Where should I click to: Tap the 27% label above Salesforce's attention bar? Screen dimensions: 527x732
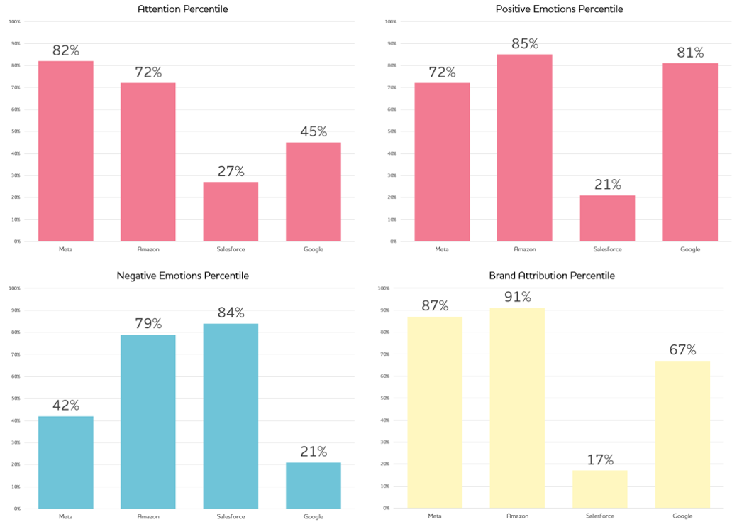click(x=231, y=171)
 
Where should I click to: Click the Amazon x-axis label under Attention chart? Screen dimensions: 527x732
click(x=148, y=249)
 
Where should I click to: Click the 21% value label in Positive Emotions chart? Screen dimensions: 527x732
click(x=607, y=185)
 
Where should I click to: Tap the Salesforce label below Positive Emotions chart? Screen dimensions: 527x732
click(x=607, y=249)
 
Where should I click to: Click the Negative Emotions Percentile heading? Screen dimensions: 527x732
click(x=183, y=276)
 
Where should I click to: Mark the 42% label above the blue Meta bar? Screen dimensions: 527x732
click(x=65, y=405)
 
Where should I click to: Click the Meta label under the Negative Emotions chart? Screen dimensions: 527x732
click(x=65, y=516)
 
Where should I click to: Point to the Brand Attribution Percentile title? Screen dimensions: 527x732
click(x=551, y=276)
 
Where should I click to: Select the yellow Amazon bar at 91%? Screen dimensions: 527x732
click(x=516, y=408)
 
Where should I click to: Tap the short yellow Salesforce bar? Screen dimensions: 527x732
click(x=599, y=489)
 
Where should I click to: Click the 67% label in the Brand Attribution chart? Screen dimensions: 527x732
click(x=682, y=349)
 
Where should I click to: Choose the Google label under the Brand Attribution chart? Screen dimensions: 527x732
click(x=682, y=516)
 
